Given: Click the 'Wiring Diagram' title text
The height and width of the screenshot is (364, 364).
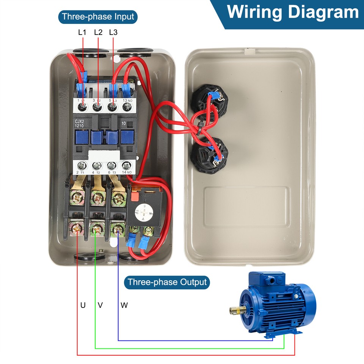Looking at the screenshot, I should [292, 12].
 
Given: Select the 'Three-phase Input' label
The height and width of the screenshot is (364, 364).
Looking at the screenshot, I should [98, 17].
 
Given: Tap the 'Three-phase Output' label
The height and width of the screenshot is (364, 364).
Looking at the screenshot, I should [167, 282].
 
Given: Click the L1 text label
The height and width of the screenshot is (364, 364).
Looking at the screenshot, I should [82, 33].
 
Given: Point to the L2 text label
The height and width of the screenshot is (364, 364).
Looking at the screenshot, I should [98, 33].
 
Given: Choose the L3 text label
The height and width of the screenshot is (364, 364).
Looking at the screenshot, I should [113, 33].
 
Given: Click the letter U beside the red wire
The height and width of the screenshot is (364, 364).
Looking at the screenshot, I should [83, 305].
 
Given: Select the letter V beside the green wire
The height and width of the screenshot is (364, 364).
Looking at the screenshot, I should [100, 305].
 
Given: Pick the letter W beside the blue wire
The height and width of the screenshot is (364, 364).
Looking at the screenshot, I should [124, 305].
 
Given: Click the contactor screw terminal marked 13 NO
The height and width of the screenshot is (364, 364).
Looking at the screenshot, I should [126, 108].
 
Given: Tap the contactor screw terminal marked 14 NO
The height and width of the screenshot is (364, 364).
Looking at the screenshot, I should [126, 165].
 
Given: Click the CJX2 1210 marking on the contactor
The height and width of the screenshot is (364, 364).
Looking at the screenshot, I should [80, 123].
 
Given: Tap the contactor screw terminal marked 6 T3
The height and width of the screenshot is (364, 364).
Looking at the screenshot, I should [111, 165].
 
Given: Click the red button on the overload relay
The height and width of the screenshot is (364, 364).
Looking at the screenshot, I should [134, 196].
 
